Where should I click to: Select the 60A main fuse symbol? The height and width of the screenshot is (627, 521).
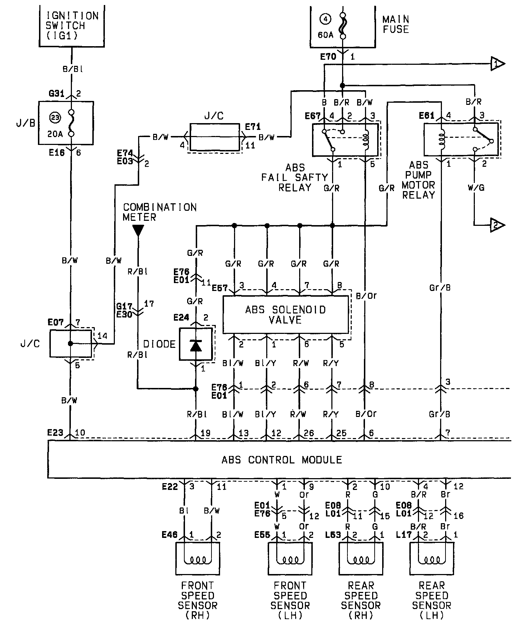343,26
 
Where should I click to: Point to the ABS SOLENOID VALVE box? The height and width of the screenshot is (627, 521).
286,314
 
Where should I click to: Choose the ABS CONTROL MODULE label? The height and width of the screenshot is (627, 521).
282,460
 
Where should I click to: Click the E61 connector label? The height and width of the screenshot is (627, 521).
427,116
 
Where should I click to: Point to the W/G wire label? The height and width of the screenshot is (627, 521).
476,188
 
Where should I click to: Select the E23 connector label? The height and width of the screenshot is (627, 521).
55,433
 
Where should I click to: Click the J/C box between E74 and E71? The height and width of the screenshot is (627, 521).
214,137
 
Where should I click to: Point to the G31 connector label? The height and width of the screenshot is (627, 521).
56,94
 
